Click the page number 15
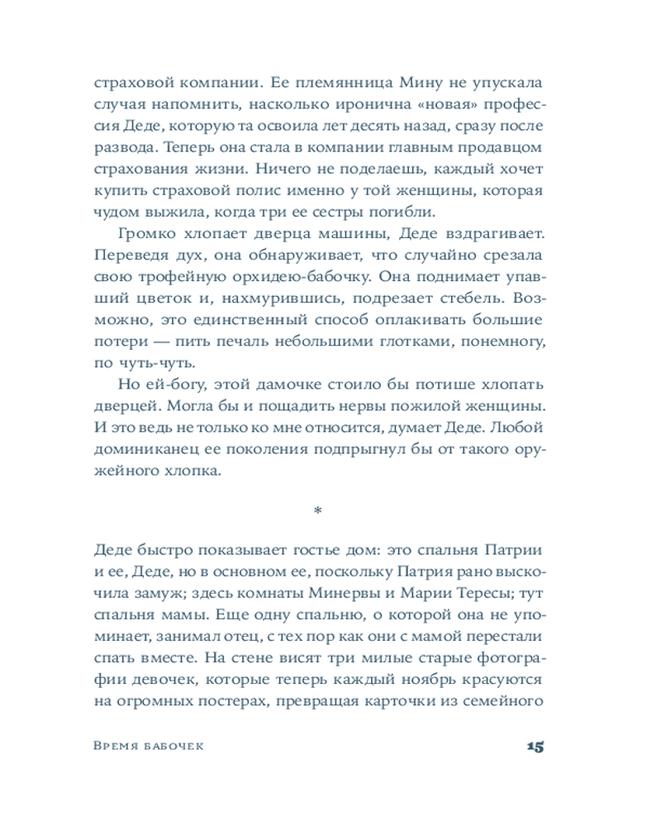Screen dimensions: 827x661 [534, 748]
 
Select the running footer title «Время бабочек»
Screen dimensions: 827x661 [149, 748]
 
